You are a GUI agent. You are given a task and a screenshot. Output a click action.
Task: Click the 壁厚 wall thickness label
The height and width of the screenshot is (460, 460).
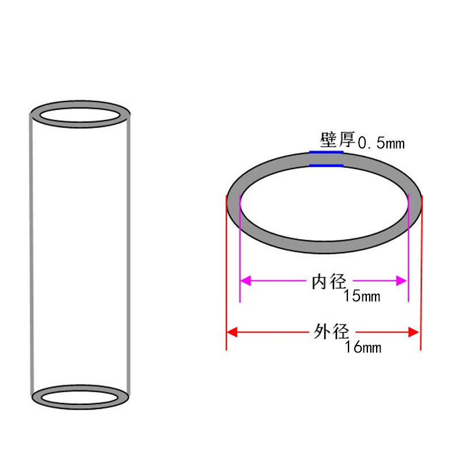point(338,140)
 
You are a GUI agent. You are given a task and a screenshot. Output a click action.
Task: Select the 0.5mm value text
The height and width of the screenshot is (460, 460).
point(381,143)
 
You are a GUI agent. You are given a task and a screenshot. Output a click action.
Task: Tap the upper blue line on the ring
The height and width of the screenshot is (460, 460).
point(326,152)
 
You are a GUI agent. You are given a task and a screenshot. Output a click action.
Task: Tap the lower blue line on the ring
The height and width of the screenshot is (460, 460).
point(326,166)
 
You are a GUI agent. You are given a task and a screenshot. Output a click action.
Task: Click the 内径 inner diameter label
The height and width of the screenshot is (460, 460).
point(329,282)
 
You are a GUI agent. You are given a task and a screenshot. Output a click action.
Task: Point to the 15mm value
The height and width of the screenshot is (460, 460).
point(362,296)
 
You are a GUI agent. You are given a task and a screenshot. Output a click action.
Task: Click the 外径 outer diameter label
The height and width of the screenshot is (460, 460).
point(332,332)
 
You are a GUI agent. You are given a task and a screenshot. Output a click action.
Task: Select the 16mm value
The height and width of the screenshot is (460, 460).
point(363,347)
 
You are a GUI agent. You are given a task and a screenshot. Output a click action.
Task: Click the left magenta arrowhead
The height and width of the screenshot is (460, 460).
point(246,281)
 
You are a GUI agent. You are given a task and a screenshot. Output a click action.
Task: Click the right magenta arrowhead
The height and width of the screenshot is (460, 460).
point(401,281)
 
